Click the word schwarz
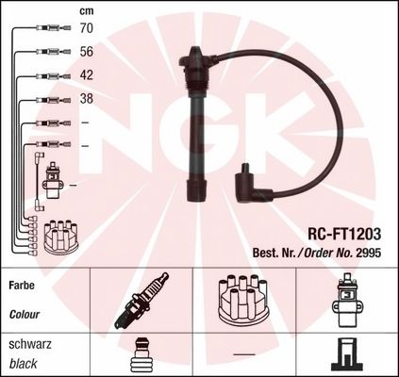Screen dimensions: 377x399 pos(29,344)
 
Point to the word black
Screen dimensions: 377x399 pos(23,363)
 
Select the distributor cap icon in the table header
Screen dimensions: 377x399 pos(243,299)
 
